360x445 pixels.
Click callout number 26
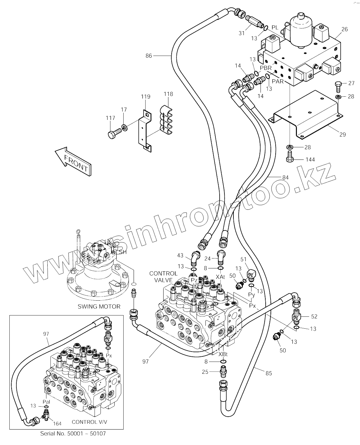(344, 29)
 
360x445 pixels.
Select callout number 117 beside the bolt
(110, 118)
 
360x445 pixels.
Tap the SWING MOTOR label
(99, 306)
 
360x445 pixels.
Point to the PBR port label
(266, 68)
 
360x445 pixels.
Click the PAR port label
(278, 81)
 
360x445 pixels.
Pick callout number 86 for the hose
(148, 56)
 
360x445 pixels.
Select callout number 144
(310, 160)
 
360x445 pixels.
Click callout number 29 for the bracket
(343, 134)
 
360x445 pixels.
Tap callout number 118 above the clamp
(168, 94)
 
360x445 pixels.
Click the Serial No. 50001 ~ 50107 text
(73, 433)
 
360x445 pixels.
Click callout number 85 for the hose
(269, 373)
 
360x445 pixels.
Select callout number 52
(314, 316)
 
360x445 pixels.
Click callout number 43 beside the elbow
(180, 256)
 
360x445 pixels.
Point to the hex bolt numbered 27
(337, 86)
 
